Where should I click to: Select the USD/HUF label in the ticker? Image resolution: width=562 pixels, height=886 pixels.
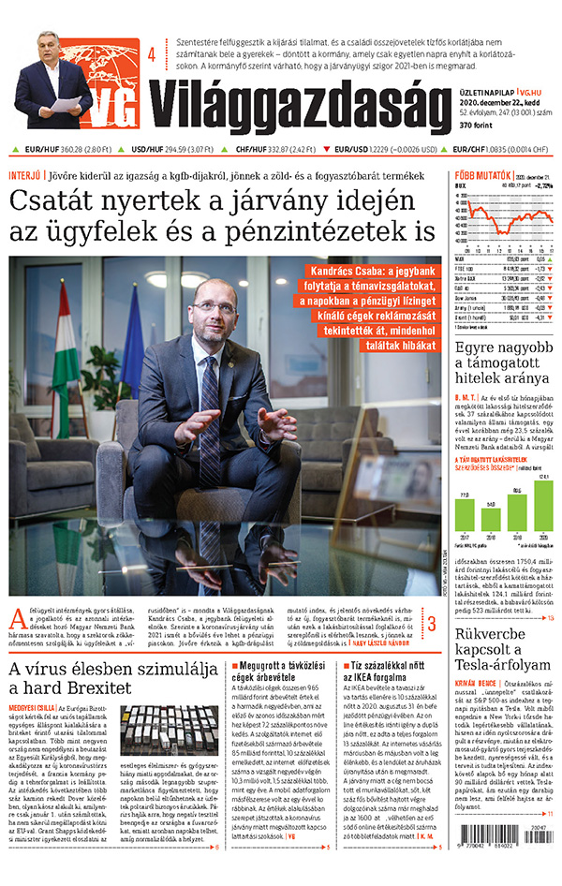147,148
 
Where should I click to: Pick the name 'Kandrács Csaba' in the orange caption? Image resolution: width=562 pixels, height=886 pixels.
348,273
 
